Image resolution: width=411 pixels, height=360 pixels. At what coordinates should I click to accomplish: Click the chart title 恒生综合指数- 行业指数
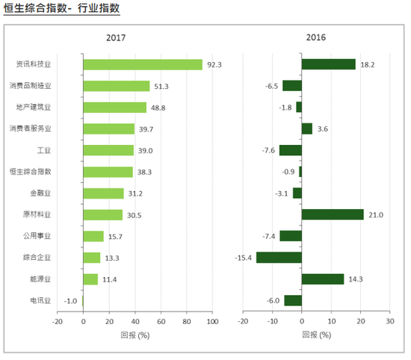61,9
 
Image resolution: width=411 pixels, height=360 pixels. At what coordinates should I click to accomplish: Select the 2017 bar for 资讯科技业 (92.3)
143,64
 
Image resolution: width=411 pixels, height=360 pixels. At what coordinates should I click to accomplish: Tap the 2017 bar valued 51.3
116,86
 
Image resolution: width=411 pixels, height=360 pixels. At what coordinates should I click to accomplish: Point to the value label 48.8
158,108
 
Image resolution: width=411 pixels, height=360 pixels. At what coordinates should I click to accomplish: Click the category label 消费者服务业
31,128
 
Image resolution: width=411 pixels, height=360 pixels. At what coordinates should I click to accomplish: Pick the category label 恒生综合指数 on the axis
31,172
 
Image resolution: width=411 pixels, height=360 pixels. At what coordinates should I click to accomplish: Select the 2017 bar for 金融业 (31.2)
103,193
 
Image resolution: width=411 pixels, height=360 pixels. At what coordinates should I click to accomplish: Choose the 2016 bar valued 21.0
333,215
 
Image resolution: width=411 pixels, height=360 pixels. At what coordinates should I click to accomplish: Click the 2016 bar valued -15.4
279,258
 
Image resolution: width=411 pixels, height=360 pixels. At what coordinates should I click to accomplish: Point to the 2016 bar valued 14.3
323,279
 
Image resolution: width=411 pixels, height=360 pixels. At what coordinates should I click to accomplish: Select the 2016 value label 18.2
367,64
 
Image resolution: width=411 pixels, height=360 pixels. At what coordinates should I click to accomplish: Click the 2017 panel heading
116,37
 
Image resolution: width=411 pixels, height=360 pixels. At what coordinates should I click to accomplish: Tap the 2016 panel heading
316,37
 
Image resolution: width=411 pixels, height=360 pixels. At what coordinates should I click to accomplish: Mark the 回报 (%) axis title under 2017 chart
135,335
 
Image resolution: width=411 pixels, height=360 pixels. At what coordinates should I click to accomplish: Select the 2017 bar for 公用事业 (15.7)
93,236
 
